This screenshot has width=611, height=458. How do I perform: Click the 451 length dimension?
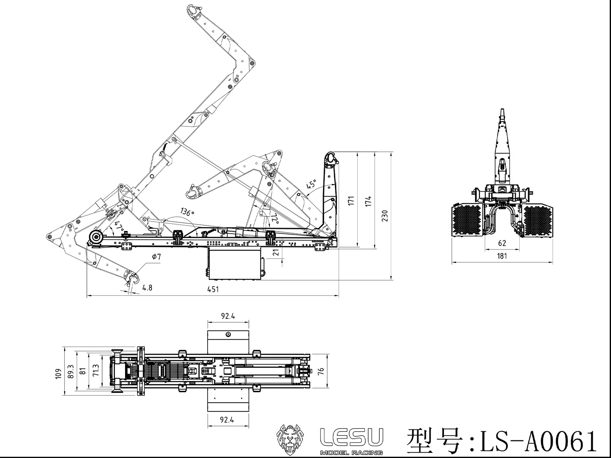213,289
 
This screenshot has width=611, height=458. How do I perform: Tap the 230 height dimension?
385,216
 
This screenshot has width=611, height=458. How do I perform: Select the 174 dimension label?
368,201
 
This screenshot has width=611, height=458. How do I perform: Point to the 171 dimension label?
351,201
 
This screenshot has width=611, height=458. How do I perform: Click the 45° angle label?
311,184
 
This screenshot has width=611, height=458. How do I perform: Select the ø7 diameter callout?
156,257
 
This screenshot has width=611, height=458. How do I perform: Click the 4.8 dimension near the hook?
147,288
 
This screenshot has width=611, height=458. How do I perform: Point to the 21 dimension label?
276,253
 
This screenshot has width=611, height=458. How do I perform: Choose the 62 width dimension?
502,243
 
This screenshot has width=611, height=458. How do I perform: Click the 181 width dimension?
502,256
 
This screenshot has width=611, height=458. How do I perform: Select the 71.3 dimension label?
96,371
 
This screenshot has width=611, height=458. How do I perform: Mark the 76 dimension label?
321,371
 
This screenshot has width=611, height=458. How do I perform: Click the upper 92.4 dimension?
228,316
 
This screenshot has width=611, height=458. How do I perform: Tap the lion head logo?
290,440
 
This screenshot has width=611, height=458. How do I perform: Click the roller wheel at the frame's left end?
96,238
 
